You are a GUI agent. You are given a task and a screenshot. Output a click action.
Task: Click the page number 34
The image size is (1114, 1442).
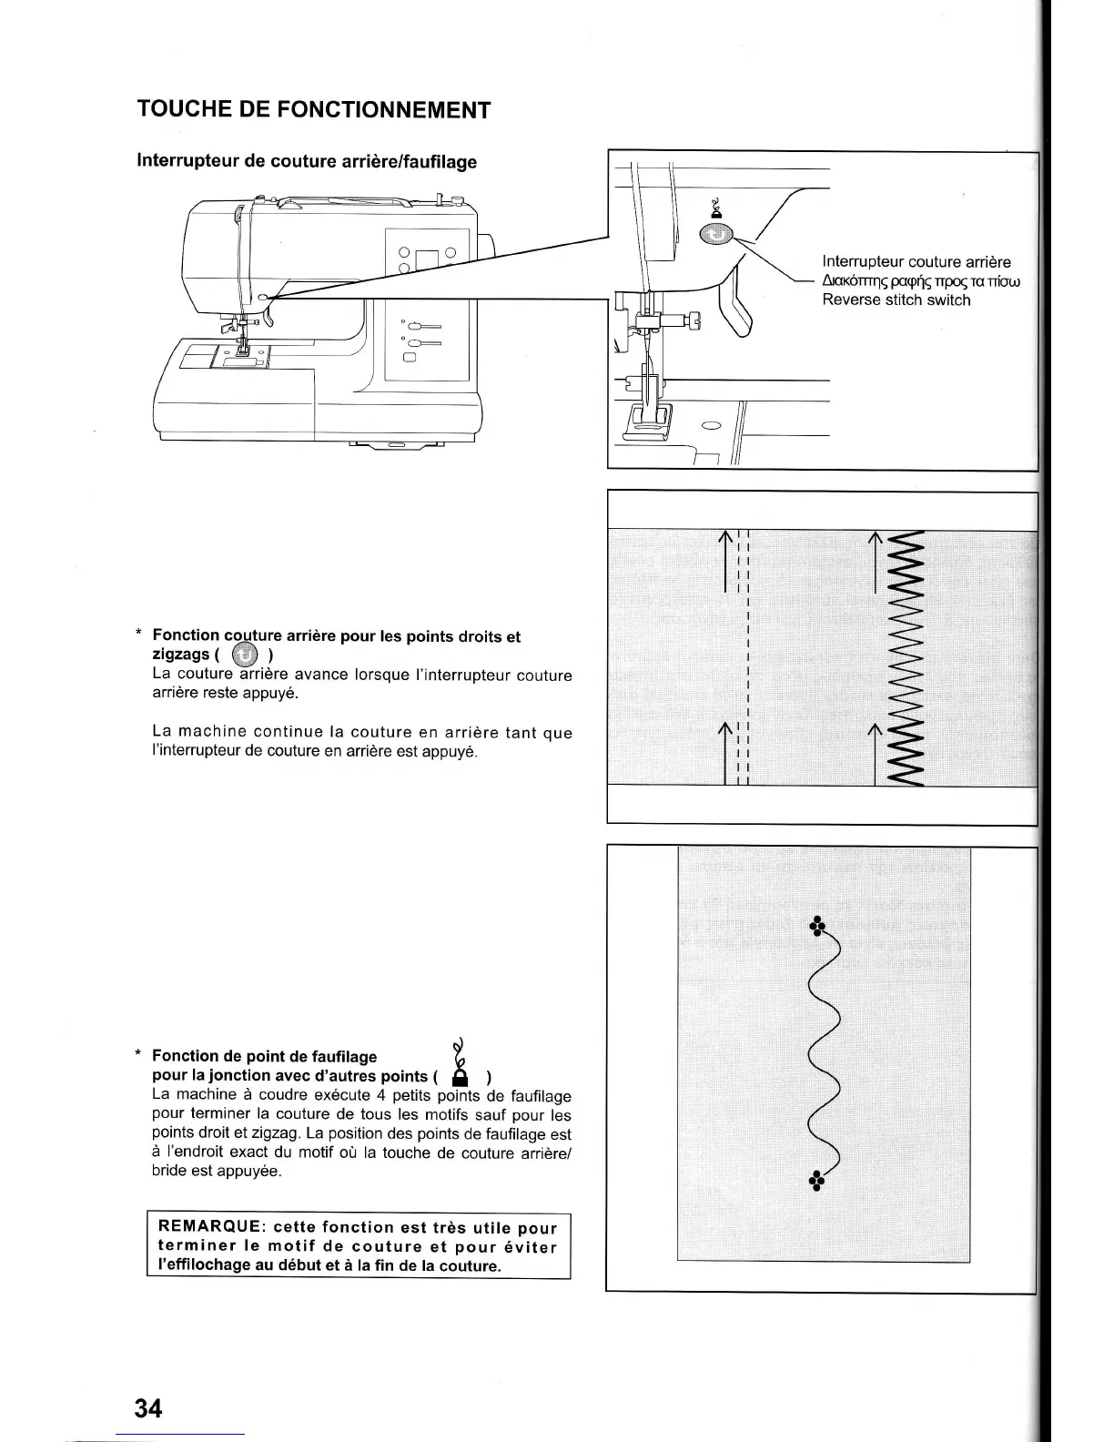[x=147, y=1407]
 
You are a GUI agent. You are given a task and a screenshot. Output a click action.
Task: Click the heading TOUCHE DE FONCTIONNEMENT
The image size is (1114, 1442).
[x=314, y=110]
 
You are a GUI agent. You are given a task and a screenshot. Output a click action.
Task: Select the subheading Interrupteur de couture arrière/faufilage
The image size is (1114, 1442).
[x=307, y=161]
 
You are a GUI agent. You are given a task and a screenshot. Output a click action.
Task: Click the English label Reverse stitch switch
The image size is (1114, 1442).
[x=896, y=300]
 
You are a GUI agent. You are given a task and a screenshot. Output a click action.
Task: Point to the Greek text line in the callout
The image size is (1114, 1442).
[x=921, y=281]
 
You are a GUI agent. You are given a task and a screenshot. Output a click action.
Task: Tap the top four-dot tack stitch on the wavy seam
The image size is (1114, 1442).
[x=817, y=925]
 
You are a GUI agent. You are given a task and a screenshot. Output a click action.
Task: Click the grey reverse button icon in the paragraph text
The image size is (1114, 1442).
[x=245, y=655]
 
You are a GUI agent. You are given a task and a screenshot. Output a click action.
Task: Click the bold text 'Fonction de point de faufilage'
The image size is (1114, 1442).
[x=264, y=1056]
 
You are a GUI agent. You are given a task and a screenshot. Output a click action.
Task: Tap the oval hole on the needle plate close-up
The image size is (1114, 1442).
[x=711, y=425]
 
